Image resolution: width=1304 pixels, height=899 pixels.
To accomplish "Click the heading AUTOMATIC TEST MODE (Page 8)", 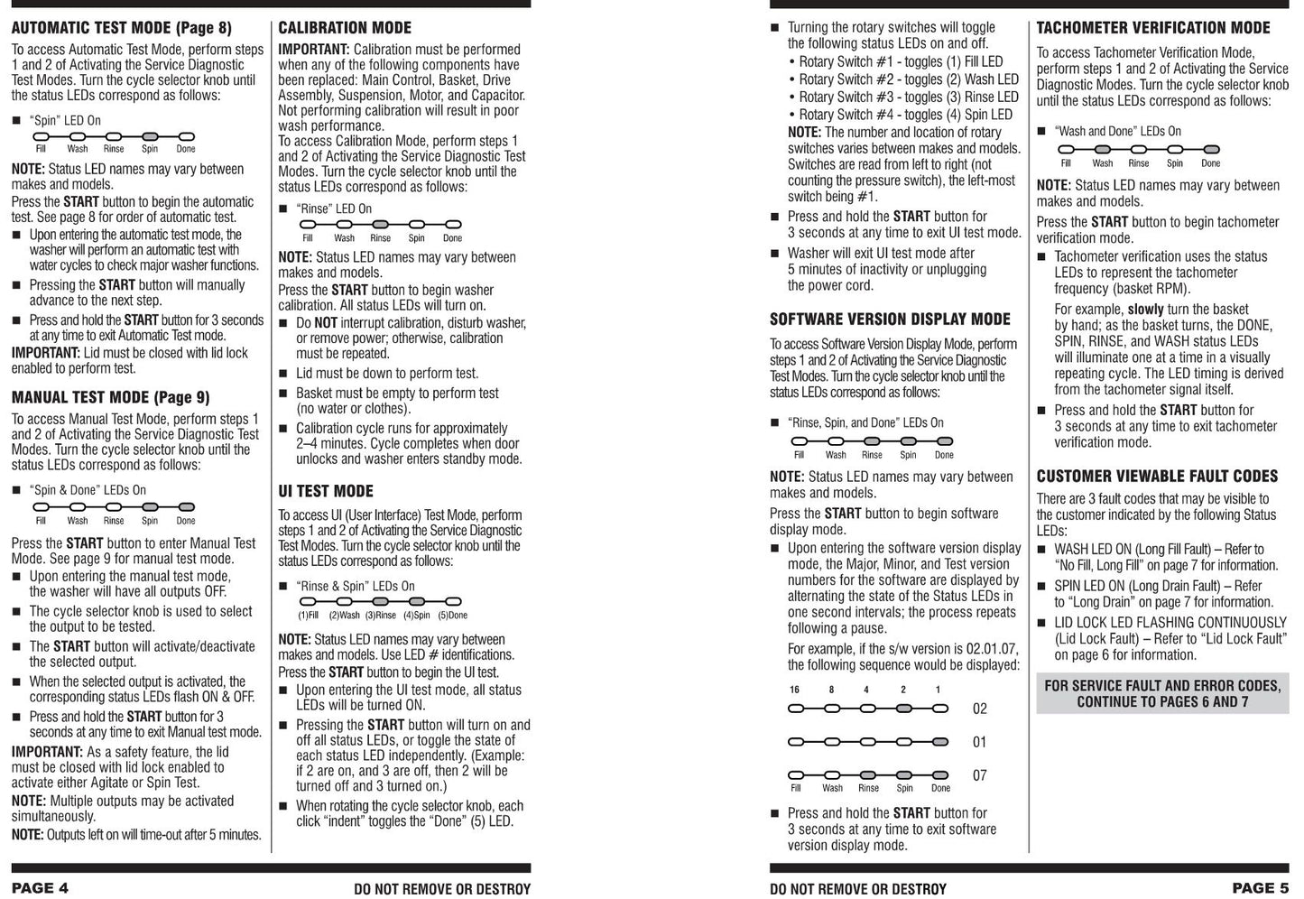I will [121, 28].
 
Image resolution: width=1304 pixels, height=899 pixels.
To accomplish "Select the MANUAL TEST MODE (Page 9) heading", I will [110, 397].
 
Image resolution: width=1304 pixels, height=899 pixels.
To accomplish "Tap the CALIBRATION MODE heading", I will [345, 28].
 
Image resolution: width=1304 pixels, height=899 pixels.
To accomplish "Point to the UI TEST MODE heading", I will [325, 491].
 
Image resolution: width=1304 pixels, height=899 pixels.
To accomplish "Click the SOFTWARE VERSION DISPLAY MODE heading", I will [890, 319].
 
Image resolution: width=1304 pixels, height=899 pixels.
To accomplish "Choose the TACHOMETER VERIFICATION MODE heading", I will [1152, 28].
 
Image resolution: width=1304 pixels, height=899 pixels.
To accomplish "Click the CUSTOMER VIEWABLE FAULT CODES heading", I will [1157, 476].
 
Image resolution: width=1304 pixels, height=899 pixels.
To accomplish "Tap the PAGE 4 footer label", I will [40, 887].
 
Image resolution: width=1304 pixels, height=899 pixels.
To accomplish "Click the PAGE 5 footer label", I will [1260, 887].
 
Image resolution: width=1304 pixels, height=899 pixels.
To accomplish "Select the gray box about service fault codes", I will [1162, 693].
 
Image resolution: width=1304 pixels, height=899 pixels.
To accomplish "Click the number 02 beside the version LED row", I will [979, 709].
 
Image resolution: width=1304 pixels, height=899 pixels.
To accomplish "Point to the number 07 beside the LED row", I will [979, 775].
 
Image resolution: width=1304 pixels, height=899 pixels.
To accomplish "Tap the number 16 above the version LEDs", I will [794, 690].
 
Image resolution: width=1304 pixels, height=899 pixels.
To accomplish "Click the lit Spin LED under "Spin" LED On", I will [150, 136].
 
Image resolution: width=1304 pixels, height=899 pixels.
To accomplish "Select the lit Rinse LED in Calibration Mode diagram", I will [380, 225].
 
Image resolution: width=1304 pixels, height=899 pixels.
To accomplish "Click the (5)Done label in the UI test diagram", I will [452, 616].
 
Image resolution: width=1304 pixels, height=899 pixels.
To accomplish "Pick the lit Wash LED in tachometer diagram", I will [1102, 150].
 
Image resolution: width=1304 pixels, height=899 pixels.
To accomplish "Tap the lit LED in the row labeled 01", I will [940, 742].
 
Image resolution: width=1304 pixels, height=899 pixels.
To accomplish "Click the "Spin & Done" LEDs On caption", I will [88, 490].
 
